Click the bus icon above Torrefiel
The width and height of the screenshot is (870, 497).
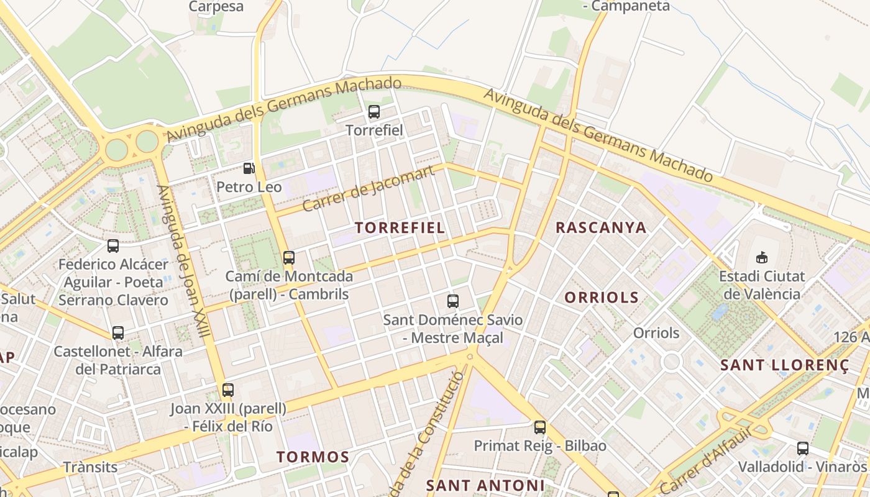coord(373,112)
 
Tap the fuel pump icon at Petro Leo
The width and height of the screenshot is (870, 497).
coord(249,168)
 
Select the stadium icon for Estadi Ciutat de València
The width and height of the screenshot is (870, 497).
coord(761,257)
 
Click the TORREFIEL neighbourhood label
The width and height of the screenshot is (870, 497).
coord(400,227)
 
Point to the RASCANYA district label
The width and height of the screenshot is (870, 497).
coord(601,227)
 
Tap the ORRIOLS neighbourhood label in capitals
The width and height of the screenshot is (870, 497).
coord(601,298)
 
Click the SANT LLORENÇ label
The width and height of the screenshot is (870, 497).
coord(784,365)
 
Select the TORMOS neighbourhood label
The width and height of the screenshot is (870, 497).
coord(313,457)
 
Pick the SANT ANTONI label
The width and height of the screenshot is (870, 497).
coord(485,485)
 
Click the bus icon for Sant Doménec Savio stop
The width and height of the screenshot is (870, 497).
coord(453,301)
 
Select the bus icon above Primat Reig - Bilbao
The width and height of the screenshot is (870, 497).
coord(540,427)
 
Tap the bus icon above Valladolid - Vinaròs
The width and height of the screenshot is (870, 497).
coord(802,448)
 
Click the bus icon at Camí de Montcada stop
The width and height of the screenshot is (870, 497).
coord(288,257)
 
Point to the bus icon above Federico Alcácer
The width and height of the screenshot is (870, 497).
coord(113,246)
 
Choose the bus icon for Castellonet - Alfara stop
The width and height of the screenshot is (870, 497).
coord(118,333)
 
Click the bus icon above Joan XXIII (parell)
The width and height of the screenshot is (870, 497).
coord(228,390)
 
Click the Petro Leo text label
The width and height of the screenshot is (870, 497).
coord(249,187)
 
